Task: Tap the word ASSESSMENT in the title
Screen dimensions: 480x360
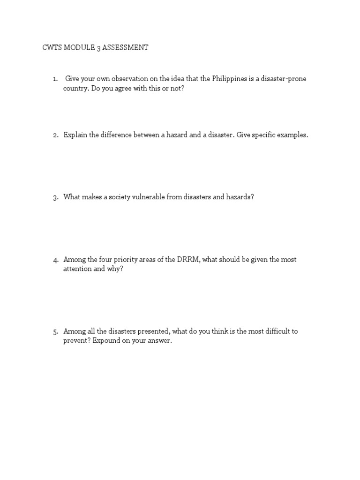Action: click(x=126, y=48)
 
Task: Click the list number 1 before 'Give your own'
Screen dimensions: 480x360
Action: click(x=55, y=79)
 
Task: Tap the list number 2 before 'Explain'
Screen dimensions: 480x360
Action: click(x=55, y=135)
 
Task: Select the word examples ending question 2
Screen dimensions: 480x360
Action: click(x=292, y=135)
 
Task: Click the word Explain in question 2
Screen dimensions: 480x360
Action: click(x=75, y=135)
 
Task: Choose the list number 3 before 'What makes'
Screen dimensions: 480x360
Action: click(x=55, y=197)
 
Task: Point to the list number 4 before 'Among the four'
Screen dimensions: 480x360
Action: click(x=55, y=260)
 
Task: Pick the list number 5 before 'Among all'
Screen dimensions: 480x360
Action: click(x=55, y=331)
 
